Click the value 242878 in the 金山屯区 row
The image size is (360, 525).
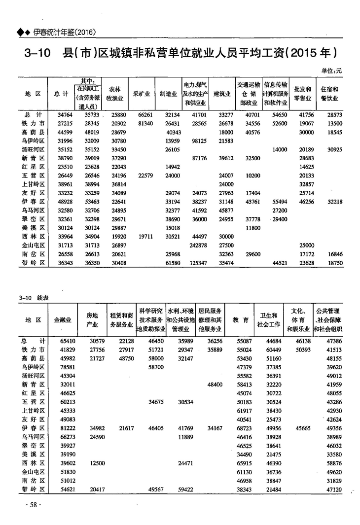click(x=197, y=245)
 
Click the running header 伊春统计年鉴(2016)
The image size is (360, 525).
click(x=64, y=32)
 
